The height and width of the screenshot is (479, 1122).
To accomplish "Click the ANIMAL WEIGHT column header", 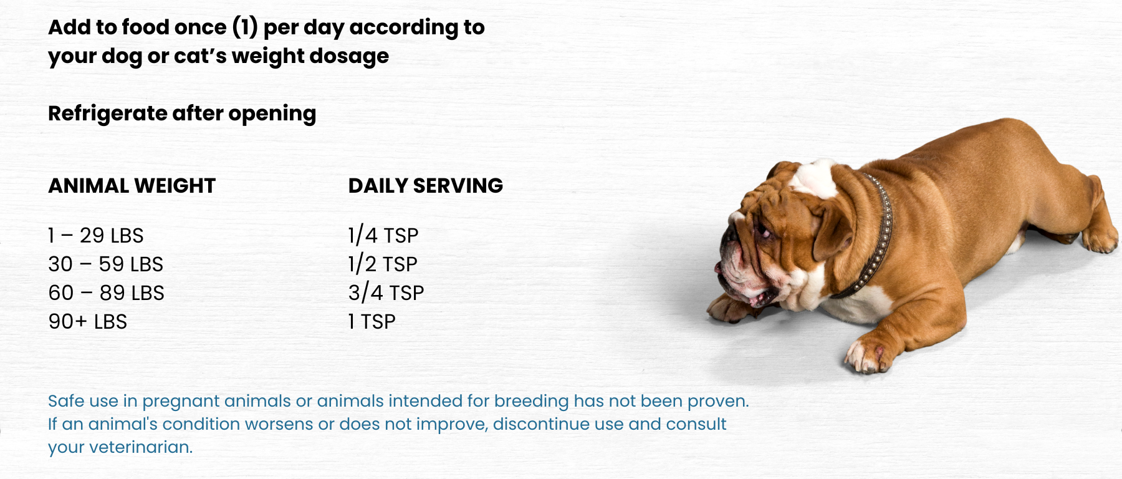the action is (x=132, y=186).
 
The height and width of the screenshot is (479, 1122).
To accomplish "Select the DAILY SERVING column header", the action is (x=426, y=186).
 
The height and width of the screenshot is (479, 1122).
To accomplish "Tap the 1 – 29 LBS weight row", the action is (x=96, y=236).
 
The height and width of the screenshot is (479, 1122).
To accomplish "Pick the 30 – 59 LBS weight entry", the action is (x=106, y=264).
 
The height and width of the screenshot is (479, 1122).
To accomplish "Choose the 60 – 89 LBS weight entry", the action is (x=107, y=293).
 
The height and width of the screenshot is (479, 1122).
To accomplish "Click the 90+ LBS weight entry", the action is (x=88, y=322).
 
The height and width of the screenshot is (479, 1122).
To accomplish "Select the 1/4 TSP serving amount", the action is (x=383, y=236).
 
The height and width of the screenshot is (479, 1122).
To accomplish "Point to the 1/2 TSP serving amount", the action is (x=383, y=264).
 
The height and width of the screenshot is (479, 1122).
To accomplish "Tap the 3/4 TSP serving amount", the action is (x=386, y=293).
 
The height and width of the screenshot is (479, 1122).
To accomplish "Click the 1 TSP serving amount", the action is (x=372, y=322).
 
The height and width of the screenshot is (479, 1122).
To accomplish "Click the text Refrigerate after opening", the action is (x=182, y=114).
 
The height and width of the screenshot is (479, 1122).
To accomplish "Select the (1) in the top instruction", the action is (x=245, y=27).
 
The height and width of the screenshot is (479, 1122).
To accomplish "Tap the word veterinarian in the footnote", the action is (x=141, y=447).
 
